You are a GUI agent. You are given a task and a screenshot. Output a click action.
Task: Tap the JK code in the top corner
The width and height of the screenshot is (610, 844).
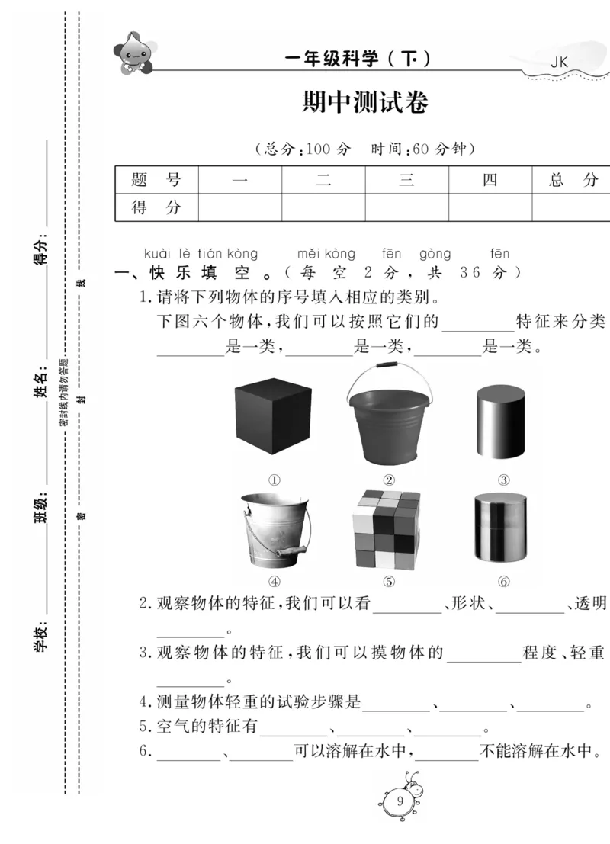560,63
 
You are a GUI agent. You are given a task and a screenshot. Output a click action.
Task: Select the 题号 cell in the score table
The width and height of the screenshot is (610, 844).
156,180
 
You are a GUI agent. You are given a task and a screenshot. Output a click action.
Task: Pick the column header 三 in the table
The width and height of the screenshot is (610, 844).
406,180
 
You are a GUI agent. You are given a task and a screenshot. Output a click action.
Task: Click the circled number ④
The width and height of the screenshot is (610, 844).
274,582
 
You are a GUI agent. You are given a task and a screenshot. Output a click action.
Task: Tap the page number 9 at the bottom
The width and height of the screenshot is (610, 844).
400,800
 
